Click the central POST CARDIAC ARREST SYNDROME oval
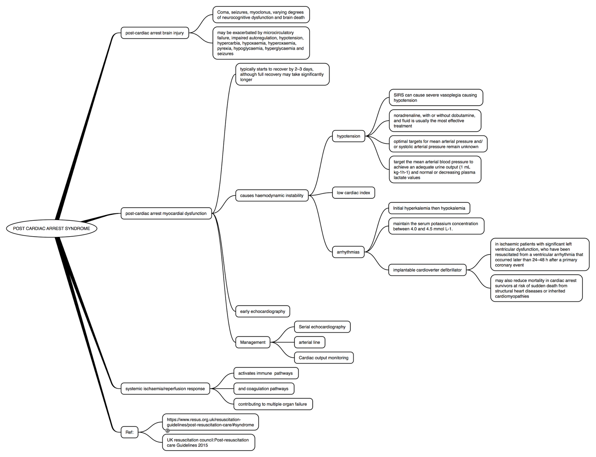[51, 228]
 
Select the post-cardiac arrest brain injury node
[155, 33]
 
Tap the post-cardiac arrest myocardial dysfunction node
[166, 213]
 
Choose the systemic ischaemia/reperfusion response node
[165, 388]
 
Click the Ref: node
[130, 432]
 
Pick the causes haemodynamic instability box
[272, 196]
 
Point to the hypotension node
[348, 136]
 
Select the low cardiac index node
[353, 193]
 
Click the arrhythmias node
[348, 252]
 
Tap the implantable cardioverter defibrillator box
[427, 270]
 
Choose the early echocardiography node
[263, 311]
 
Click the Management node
[253, 342]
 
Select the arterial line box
[309, 342]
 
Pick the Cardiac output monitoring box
[323, 358]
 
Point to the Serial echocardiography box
[322, 327]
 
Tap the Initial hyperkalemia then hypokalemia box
[429, 208]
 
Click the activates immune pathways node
[266, 373]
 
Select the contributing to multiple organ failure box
[273, 404]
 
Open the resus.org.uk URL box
[210, 422]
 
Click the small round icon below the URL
[168, 431]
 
